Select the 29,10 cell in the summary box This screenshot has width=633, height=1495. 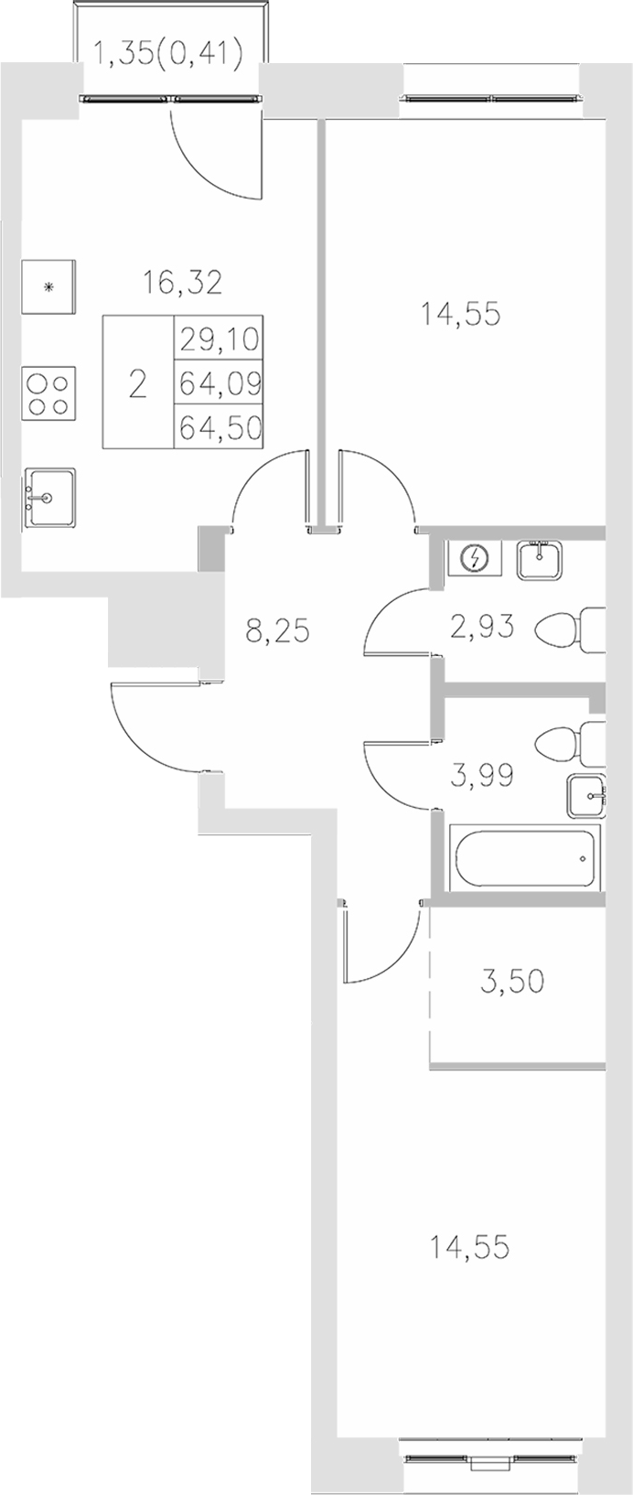pos(220,339)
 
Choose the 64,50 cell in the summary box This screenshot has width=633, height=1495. pos(220,426)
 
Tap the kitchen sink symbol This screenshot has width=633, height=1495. pos(49,498)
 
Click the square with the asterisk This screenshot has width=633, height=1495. pos(49,286)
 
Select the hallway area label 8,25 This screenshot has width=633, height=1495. pos(279,630)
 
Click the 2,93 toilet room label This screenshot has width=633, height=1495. pos(481,627)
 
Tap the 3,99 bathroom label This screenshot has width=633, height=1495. pos(481,776)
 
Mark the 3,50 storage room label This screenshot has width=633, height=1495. pos(512,982)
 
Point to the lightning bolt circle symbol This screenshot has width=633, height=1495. pos(475,557)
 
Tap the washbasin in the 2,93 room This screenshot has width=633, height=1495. pos(542,559)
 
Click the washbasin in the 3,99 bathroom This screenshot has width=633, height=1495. pos(585,796)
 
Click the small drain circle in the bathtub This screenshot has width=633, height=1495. pos(582,859)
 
